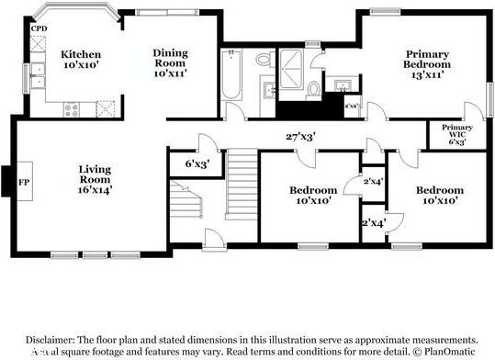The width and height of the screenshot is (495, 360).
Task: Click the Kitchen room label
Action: (80, 54)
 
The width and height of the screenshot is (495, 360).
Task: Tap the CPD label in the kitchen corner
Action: (39, 29)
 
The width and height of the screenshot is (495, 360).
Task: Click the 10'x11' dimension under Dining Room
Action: (170, 73)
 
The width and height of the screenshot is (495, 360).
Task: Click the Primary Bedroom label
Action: (428, 60)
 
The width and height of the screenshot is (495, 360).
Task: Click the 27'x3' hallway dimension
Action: (300, 137)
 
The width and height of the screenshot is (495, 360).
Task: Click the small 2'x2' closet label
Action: (351, 107)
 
